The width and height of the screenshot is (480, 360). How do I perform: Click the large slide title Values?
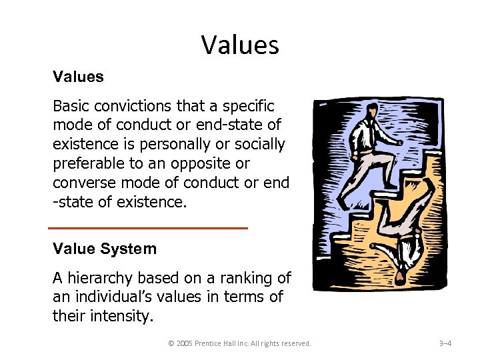[x=240, y=45]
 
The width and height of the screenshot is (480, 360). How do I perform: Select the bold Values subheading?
[x=79, y=77]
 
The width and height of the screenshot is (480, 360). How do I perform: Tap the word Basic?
[x=71, y=106]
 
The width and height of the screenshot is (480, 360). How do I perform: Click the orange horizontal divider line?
[x=148, y=229]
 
